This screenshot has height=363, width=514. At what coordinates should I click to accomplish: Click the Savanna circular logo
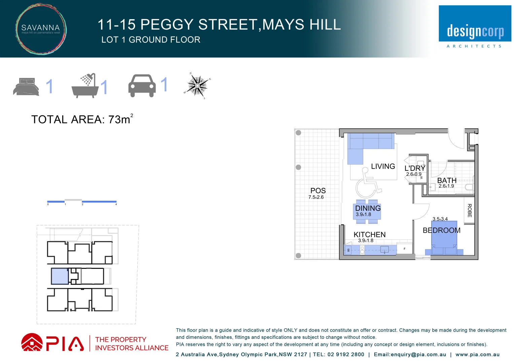click(x=41, y=29)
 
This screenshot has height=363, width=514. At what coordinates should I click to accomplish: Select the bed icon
click(x=26, y=87)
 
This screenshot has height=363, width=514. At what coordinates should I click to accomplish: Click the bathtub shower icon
click(x=85, y=86)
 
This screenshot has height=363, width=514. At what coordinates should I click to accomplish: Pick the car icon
click(x=142, y=86)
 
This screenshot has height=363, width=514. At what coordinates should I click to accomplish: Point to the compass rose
click(x=197, y=86)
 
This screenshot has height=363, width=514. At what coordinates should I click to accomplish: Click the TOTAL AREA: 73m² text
click(x=82, y=119)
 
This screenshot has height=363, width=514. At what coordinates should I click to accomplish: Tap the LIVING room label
click(x=383, y=166)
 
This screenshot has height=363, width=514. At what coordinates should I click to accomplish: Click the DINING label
click(x=368, y=208)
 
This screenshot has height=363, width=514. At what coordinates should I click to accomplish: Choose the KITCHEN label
click(x=369, y=235)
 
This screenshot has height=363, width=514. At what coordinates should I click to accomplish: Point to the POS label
click(x=318, y=191)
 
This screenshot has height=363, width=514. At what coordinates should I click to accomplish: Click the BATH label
click(x=447, y=180)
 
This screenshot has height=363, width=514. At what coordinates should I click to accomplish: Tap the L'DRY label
click(x=415, y=168)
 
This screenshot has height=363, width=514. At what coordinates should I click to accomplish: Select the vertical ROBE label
click(x=470, y=210)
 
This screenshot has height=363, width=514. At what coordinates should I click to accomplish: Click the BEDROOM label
click(x=441, y=231)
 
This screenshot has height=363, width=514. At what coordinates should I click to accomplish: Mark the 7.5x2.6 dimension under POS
click(x=316, y=197)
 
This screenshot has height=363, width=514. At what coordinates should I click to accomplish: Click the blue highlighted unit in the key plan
click(x=60, y=276)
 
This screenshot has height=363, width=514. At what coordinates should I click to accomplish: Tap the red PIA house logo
click(x=32, y=342)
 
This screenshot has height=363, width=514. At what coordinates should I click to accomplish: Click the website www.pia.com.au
click(x=477, y=355)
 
